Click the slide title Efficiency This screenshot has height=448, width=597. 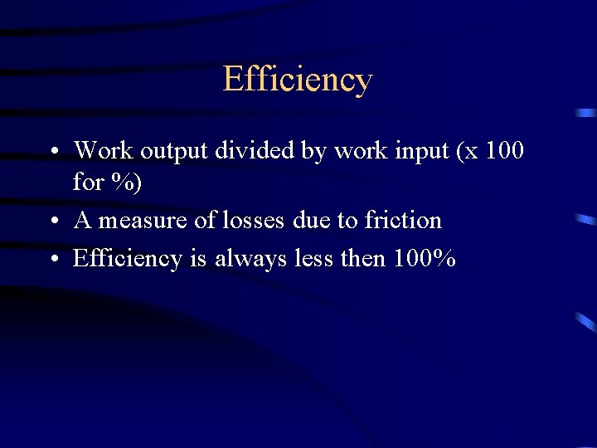(x=298, y=80)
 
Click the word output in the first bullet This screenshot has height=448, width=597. (x=175, y=151)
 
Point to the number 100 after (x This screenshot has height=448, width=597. (x=504, y=151)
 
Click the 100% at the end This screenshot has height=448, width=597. (x=425, y=259)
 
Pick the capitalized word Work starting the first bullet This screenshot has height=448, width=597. (x=103, y=151)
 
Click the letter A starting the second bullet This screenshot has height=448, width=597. (x=82, y=221)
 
